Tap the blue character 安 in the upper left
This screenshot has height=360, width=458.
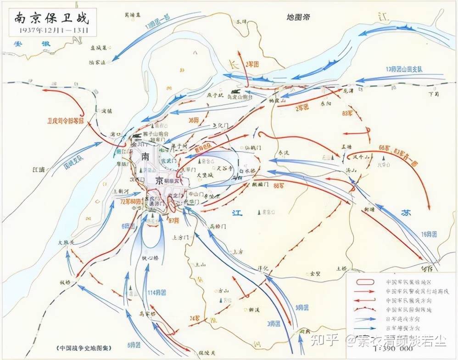[18, 45]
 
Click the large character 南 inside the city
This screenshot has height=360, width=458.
[145, 157]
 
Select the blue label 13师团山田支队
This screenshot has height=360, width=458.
[402, 69]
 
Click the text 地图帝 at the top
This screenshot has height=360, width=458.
[298, 17]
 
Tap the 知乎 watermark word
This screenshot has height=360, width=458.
[326, 340]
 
